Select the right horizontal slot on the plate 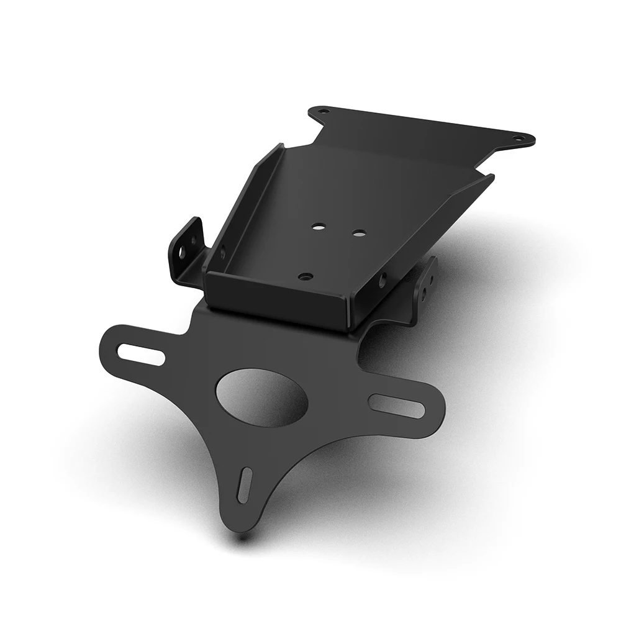396,406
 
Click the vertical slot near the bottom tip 245,484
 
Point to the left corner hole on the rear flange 322,112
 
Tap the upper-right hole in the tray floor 359,233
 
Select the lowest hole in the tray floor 304,276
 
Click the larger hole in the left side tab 183,253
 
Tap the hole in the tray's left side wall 222,252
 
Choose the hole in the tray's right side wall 381,279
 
